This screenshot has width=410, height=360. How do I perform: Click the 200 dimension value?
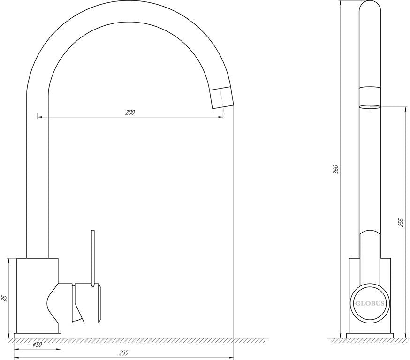point(130,112)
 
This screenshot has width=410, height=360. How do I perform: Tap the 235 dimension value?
point(123,353)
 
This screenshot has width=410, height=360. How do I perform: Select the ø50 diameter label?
point(38,345)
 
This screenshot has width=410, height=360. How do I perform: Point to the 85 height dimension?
point(4,298)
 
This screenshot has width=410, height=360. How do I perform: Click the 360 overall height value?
point(336,169)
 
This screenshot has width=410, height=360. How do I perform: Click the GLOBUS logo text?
point(370,304)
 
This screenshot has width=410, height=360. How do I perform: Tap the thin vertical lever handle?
point(92,259)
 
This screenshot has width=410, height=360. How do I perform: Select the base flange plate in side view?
point(370,336)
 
